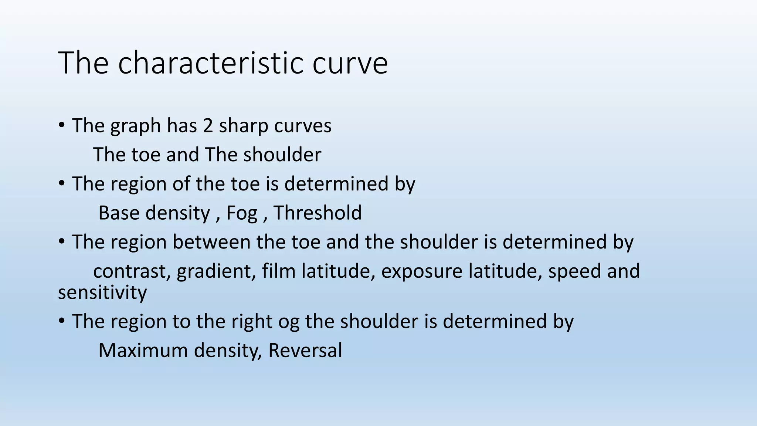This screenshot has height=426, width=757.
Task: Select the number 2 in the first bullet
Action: pyautogui.click(x=208, y=126)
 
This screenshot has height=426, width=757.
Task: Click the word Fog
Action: pyautogui.click(x=242, y=214)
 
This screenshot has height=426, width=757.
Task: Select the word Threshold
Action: pyautogui.click(x=318, y=213)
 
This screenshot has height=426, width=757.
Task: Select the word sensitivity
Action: pyautogui.click(x=102, y=293)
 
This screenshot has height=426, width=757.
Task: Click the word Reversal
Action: pyautogui.click(x=305, y=351)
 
